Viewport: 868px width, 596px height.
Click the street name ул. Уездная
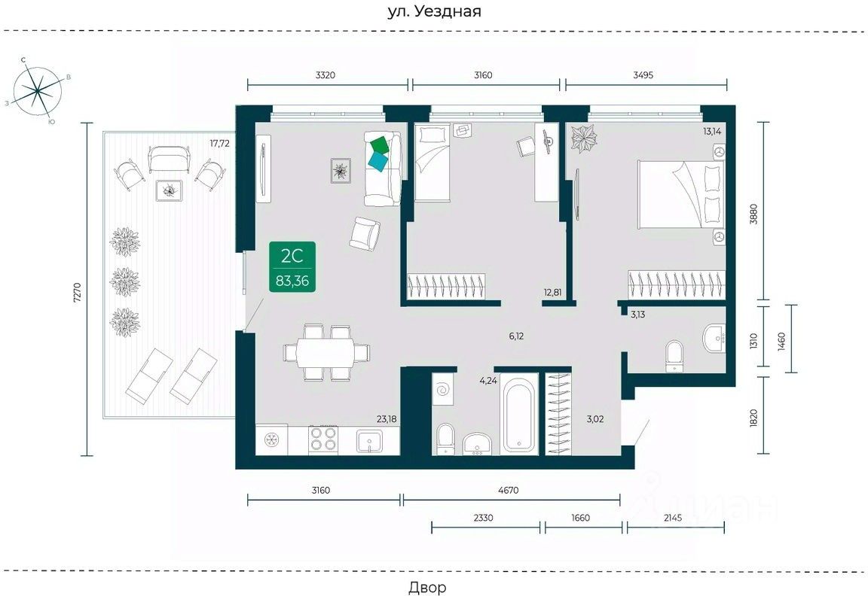pos(433,11)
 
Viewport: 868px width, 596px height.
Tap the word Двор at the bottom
pos(427,586)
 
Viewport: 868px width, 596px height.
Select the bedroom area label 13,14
pos(713,131)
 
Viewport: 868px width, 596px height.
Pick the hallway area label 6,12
pos(516,336)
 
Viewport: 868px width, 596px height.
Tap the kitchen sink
pos(370,440)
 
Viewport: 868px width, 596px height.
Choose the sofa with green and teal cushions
pos(382,169)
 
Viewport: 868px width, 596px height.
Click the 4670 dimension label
pos(508,490)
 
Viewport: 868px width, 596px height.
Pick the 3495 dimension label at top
pos(644,74)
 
